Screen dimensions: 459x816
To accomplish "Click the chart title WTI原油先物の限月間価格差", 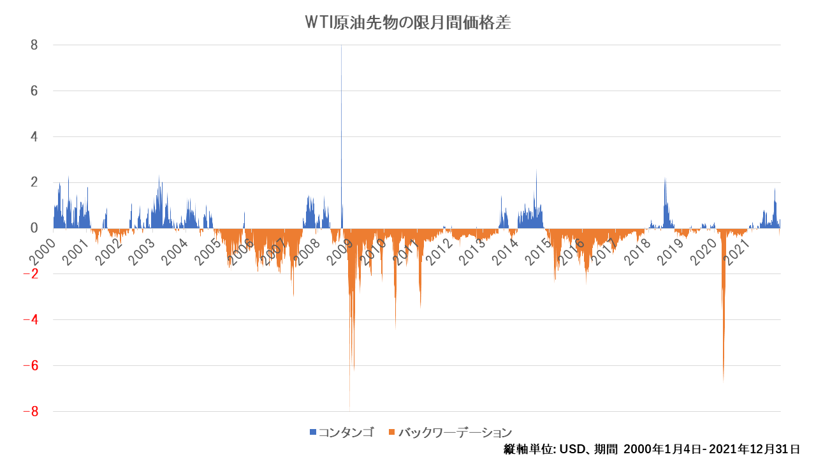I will (408, 23).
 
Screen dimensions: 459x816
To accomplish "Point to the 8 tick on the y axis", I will (34, 45).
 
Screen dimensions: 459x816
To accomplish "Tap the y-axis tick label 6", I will (34, 91).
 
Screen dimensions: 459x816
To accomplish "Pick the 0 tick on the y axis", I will (34, 228).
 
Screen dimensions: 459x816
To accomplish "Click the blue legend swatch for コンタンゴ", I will (313, 432).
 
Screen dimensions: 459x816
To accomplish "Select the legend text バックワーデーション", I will (455, 432).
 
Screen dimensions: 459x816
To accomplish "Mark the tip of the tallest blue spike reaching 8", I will (341, 46).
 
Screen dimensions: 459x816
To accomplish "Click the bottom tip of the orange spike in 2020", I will (723, 381).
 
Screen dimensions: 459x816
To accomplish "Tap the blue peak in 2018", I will (665, 178).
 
